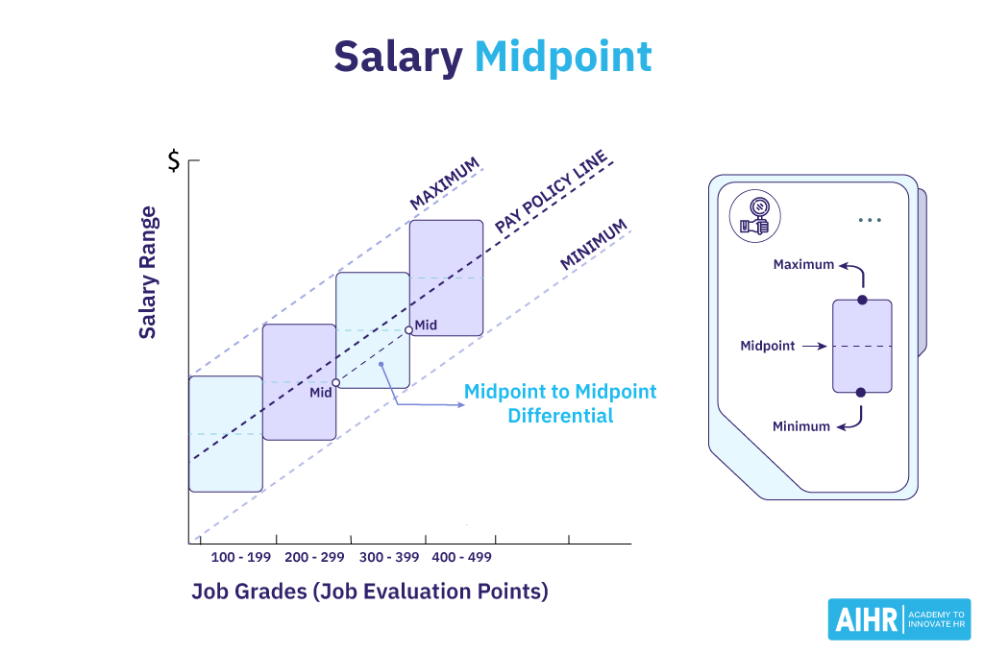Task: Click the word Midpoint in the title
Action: click(x=563, y=58)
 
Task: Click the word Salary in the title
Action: click(x=398, y=58)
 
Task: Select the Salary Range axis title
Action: click(x=147, y=273)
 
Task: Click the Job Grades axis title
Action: click(x=370, y=592)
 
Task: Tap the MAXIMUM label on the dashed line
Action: click(x=444, y=184)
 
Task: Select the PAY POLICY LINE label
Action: click(x=551, y=191)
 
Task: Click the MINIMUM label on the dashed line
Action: click(x=594, y=245)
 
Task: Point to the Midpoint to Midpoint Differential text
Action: click(x=560, y=403)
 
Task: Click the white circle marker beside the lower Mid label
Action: click(x=335, y=382)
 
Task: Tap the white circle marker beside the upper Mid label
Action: click(x=409, y=330)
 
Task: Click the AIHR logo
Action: click(x=898, y=619)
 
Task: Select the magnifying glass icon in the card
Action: click(x=754, y=216)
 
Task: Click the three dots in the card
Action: click(x=870, y=220)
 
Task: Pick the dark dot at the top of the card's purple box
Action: click(x=862, y=301)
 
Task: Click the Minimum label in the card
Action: click(x=801, y=426)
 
